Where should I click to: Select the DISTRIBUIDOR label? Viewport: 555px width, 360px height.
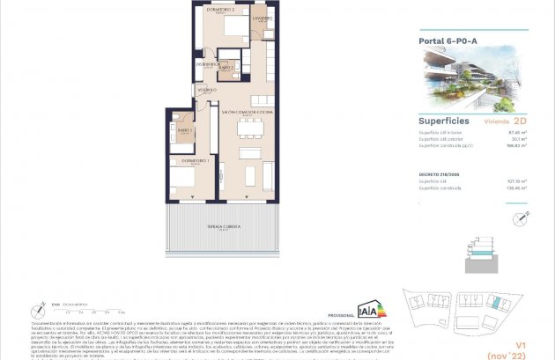(207, 63)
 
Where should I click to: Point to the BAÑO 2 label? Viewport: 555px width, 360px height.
(226, 67)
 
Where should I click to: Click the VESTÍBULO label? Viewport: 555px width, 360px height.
(207, 90)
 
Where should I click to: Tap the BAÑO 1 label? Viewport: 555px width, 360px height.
(184, 130)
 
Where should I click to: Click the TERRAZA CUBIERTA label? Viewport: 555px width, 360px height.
(223, 226)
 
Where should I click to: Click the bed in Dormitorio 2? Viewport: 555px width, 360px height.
(233, 26)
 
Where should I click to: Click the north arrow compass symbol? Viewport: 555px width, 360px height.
(40, 309)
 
